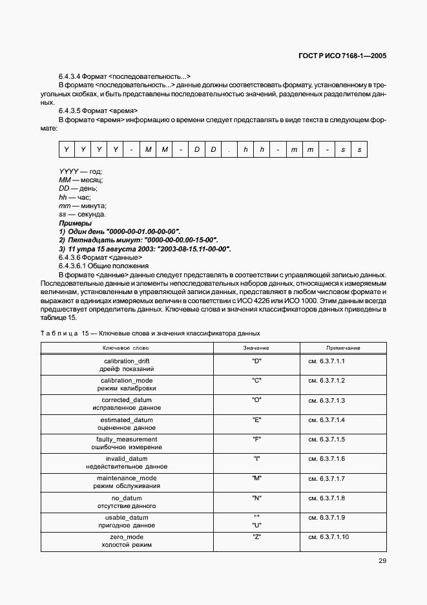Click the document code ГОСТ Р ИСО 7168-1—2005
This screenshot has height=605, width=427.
(x=338, y=56)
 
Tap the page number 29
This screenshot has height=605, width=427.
(x=382, y=560)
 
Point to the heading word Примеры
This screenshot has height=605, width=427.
(x=75, y=223)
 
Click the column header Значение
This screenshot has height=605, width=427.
(x=256, y=348)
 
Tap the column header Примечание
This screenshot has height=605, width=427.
(x=343, y=348)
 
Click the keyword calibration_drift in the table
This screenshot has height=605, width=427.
(x=127, y=361)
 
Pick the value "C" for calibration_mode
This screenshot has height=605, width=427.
(x=256, y=380)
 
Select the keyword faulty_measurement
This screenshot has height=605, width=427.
(x=127, y=439)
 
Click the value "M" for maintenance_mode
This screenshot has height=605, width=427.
(x=256, y=478)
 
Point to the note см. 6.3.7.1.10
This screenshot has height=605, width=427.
(x=328, y=537)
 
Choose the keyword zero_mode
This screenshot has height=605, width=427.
(x=127, y=537)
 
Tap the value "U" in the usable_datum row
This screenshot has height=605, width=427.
(x=256, y=525)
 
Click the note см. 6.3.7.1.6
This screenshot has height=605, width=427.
(x=327, y=458)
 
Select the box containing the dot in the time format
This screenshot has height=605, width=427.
(x=229, y=150)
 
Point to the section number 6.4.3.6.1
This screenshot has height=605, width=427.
(x=75, y=266)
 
